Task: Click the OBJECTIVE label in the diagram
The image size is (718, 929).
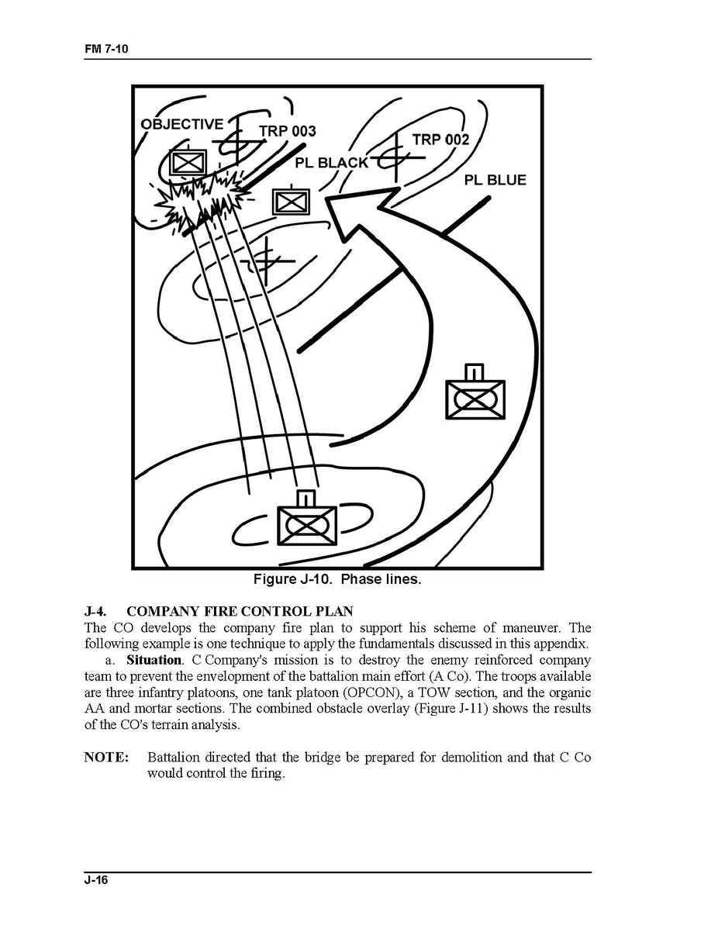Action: (182, 124)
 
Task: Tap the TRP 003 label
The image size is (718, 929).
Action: (288, 131)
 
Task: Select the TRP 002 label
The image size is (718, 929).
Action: (440, 140)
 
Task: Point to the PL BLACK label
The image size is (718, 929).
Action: (332, 163)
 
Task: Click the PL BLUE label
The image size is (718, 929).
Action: (495, 180)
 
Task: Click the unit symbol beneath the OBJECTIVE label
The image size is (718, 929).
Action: (187, 161)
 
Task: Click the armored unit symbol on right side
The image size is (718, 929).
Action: (475, 398)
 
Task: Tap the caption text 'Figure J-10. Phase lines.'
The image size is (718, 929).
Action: (337, 579)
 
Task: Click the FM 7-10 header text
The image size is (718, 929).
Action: (106, 49)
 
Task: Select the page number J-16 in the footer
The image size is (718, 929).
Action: (97, 879)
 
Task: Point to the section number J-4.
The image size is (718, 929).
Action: (95, 612)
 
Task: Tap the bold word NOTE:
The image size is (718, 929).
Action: (106, 758)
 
